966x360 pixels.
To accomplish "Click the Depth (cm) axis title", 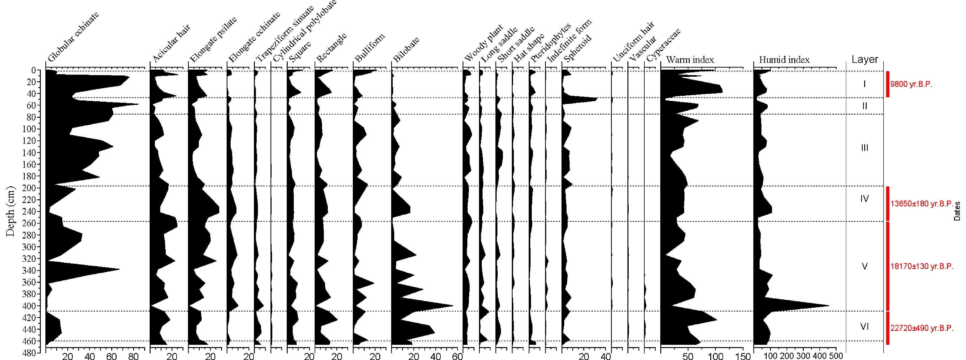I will tap(10, 212).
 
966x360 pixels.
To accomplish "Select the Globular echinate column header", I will tap(73, 37).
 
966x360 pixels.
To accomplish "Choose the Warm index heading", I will tap(690, 59).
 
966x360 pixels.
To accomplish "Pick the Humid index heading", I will tap(784, 59).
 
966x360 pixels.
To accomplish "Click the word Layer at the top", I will tap(864, 59).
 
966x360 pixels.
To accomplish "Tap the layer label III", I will tap(864, 148).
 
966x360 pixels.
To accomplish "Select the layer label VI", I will tap(864, 327).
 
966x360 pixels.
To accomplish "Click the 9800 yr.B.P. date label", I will tap(911, 84).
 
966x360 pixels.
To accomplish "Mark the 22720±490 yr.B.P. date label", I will tap(921, 328).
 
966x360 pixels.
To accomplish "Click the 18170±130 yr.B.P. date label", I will tap(921, 266).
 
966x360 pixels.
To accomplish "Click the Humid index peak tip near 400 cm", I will tap(829, 306).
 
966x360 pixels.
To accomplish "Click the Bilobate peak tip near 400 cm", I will tap(453, 306).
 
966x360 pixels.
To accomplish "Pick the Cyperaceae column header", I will tap(663, 45).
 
